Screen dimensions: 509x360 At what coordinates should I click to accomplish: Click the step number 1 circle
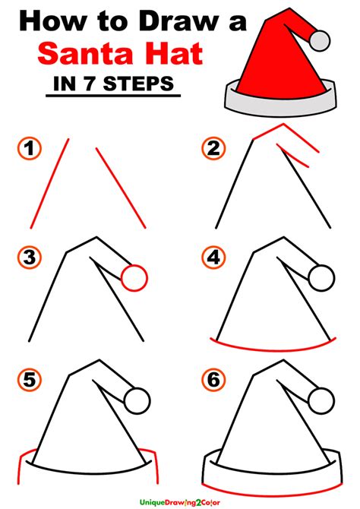point(30,148)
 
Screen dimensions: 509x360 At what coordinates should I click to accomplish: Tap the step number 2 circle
point(212,148)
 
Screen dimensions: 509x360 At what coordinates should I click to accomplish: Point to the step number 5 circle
point(30,379)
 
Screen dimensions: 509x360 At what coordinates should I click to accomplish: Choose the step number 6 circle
point(212,379)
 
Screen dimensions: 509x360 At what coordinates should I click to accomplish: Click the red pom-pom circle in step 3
point(134,277)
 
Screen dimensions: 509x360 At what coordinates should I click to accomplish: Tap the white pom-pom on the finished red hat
point(321,36)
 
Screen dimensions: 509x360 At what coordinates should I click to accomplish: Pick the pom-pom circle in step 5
point(137,398)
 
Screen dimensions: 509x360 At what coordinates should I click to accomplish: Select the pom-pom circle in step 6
point(322,398)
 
